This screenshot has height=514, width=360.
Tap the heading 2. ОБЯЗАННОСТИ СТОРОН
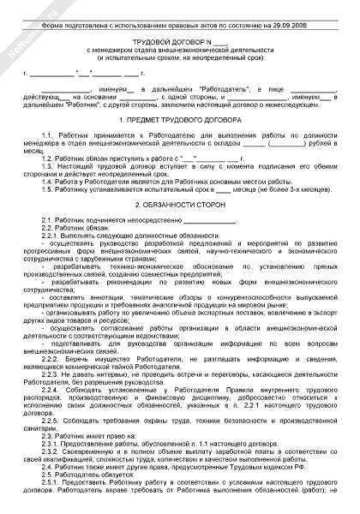coord(179,206)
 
